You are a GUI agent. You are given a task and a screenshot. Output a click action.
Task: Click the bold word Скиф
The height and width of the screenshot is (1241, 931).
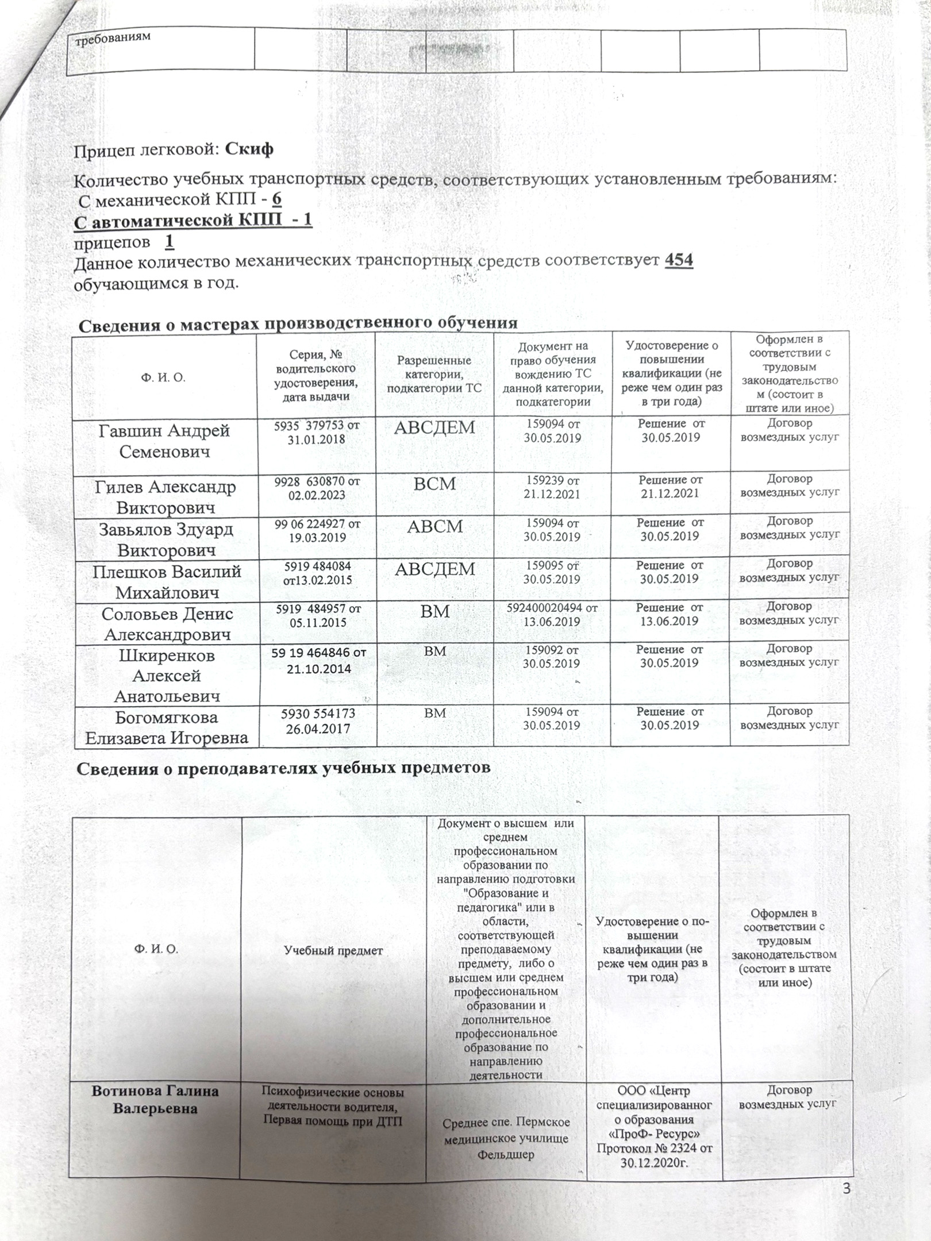tap(249, 149)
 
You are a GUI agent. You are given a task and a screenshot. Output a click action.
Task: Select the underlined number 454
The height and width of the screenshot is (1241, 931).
tap(679, 260)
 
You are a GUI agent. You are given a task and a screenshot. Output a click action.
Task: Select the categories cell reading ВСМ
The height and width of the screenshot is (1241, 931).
tap(435, 484)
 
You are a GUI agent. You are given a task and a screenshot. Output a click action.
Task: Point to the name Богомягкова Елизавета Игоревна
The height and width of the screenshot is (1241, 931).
tap(167, 727)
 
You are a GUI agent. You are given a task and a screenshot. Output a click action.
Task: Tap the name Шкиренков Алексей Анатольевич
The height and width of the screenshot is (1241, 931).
tap(167, 676)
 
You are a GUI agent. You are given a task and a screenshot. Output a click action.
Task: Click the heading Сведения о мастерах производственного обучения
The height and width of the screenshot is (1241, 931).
tap(298, 324)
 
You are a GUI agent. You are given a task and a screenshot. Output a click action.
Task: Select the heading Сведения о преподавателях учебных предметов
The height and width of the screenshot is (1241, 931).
tap(284, 767)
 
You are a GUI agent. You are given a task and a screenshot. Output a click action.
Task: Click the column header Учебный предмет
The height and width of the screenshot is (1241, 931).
tap(334, 950)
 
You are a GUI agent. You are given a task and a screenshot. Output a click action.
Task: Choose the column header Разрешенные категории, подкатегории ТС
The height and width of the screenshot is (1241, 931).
tap(434, 374)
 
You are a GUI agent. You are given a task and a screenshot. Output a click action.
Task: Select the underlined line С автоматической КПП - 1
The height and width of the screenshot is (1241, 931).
tap(194, 220)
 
